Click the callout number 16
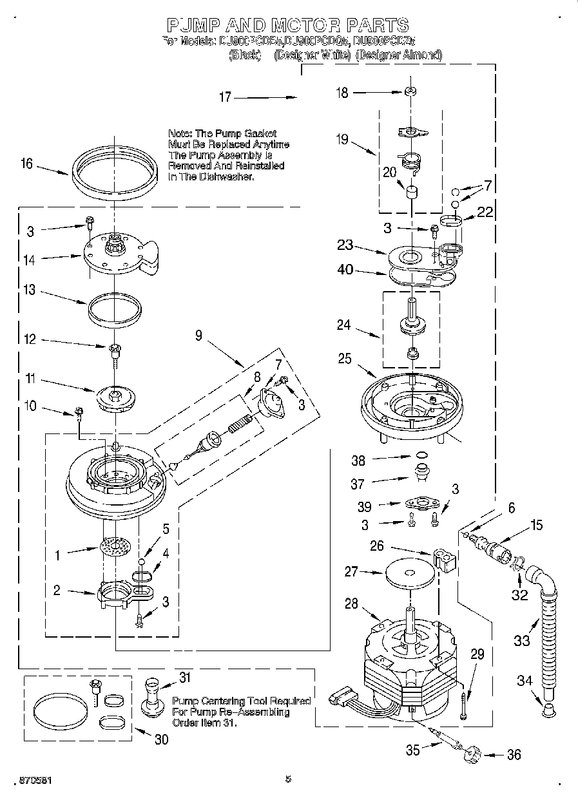26,164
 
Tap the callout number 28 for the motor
351,603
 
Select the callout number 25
345,358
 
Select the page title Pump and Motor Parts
287,25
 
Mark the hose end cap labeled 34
548,710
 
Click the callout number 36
514,755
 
